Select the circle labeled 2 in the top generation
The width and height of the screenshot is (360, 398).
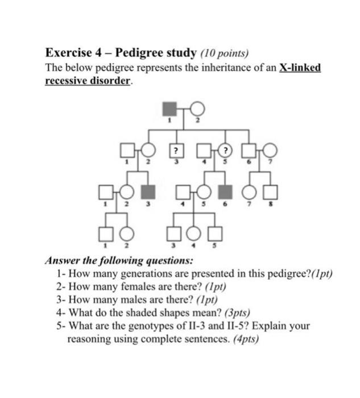click(x=197, y=108)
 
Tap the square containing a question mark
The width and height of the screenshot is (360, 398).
click(x=177, y=151)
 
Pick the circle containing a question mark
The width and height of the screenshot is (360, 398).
click(x=227, y=151)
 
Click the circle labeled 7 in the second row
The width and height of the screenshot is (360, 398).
click(x=270, y=150)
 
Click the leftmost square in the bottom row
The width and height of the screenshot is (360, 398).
click(x=105, y=234)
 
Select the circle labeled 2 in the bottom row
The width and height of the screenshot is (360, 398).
click(x=127, y=234)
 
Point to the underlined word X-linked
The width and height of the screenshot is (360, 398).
click(x=300, y=68)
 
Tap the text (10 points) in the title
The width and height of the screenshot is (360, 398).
click(x=225, y=55)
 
